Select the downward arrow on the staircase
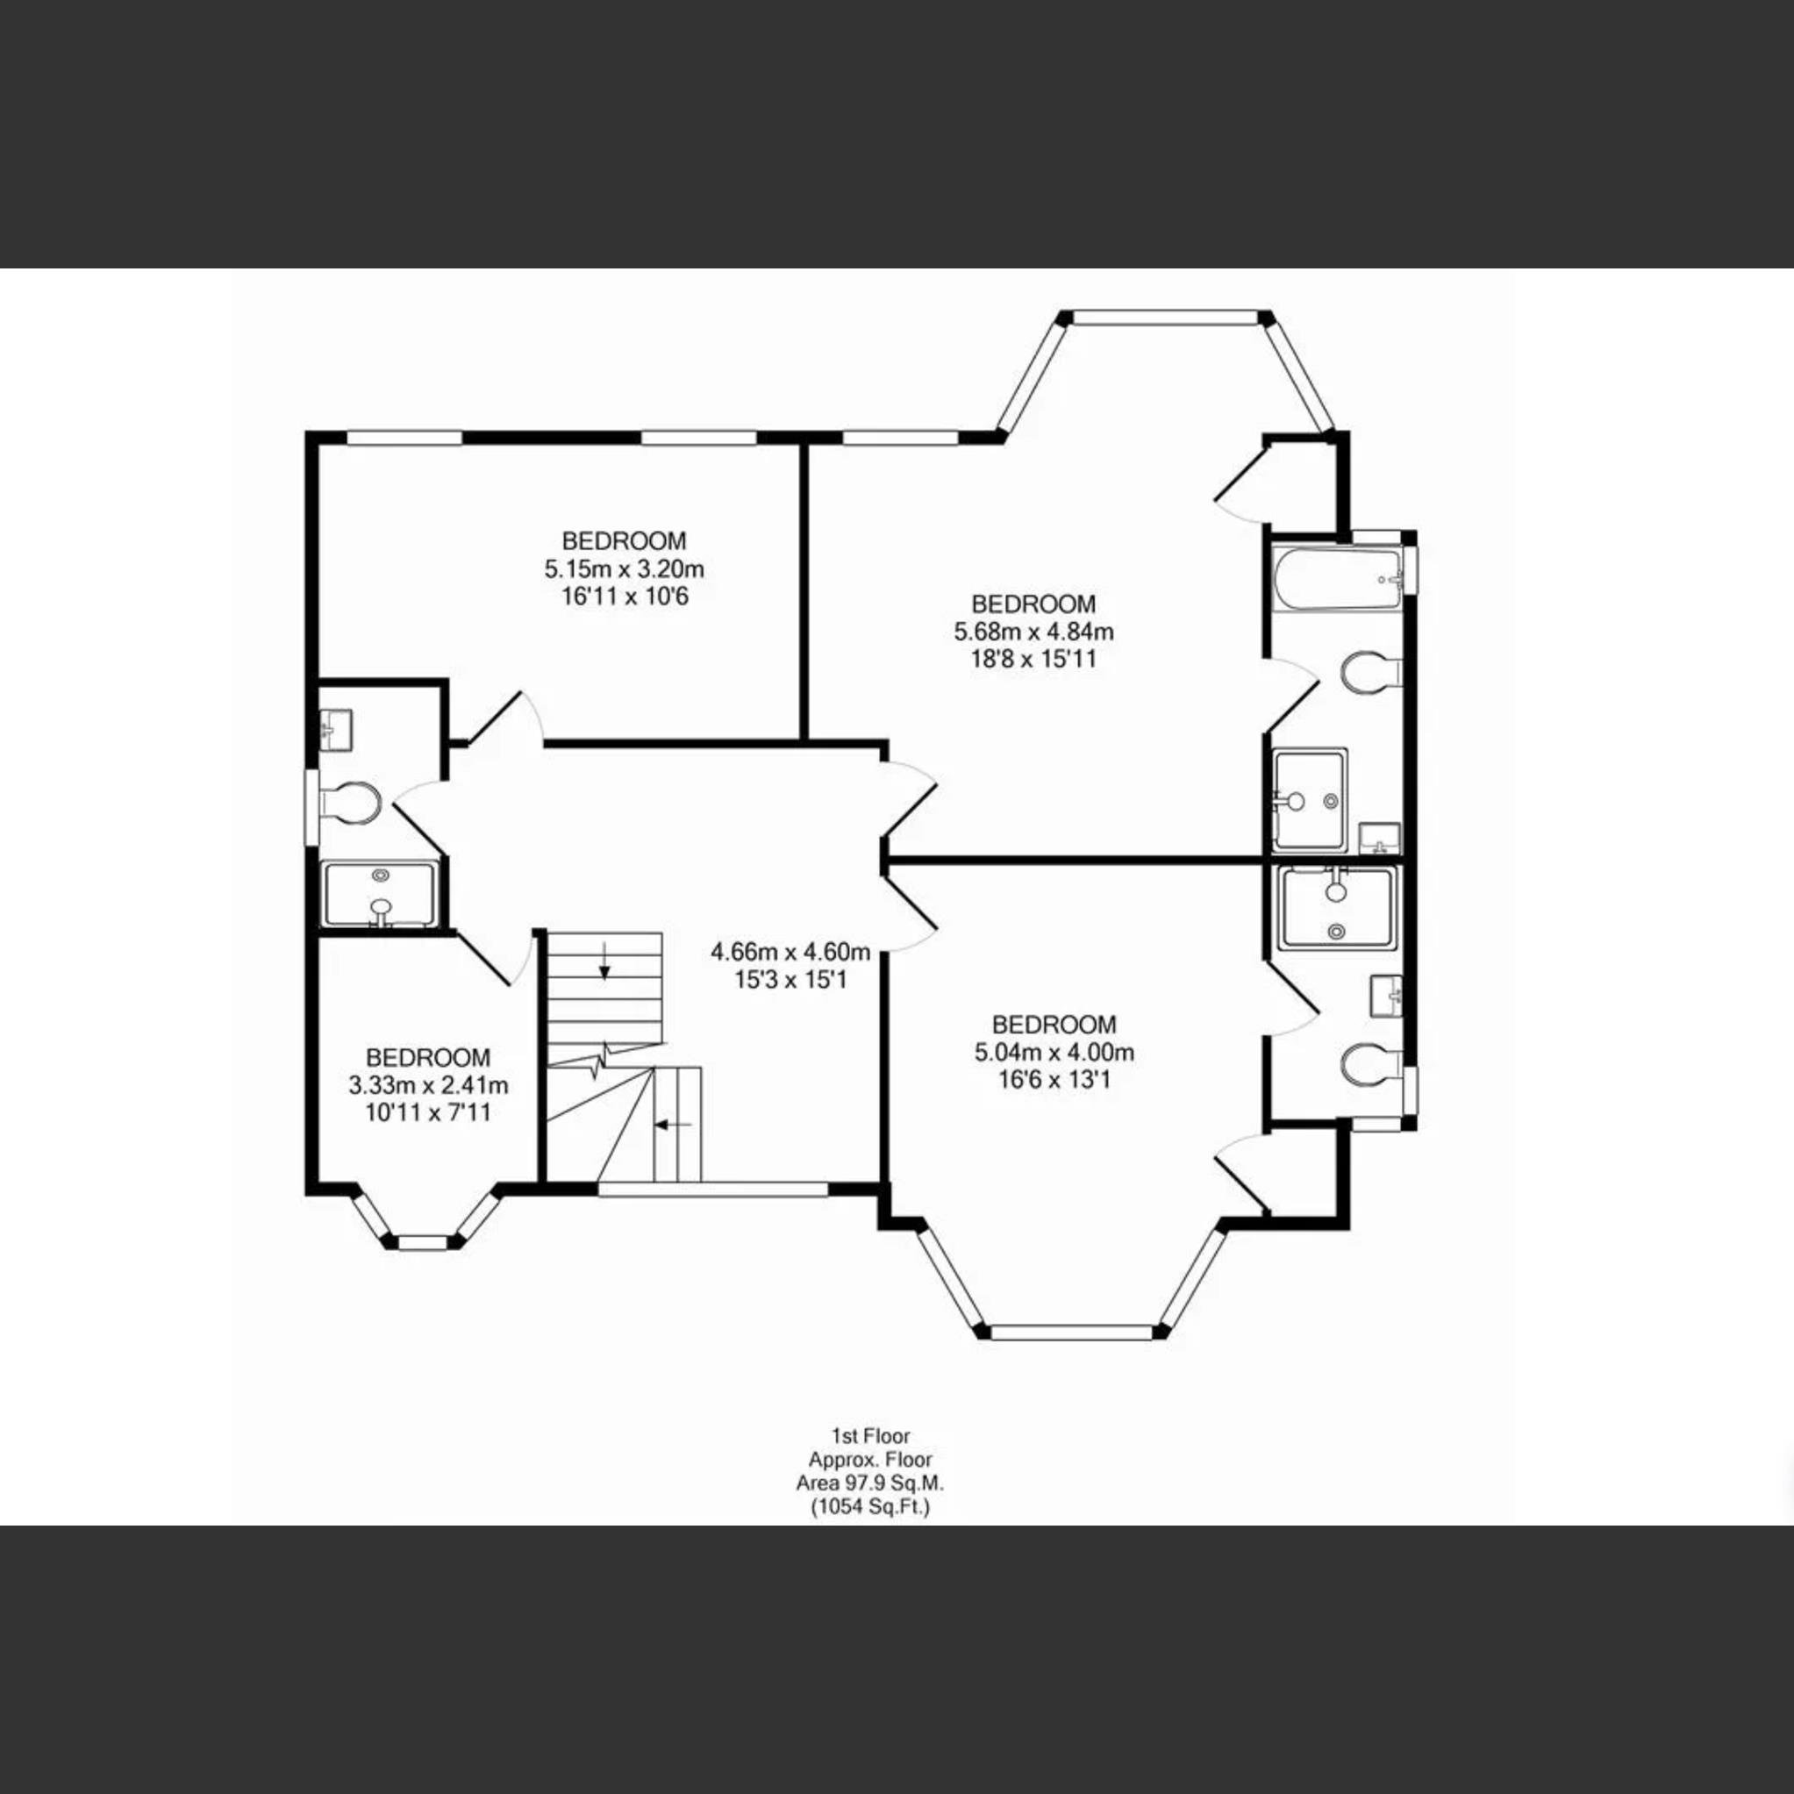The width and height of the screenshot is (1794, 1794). [x=604, y=968]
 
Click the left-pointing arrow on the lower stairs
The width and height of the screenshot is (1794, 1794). [x=672, y=1125]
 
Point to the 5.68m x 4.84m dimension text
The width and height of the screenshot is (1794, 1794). [x=1033, y=633]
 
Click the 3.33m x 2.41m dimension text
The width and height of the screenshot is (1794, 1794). [x=428, y=1084]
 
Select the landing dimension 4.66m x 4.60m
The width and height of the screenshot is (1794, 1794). [x=790, y=952]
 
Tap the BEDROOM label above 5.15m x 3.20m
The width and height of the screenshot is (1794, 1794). [x=624, y=540]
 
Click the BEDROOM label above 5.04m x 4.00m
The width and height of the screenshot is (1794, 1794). [x=1054, y=1026]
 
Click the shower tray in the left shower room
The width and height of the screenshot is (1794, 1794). [x=380, y=894]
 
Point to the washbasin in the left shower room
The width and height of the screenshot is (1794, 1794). [x=335, y=729]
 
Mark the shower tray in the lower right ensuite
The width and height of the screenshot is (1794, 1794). [x=1336, y=908]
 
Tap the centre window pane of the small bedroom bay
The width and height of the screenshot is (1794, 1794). [x=424, y=1242]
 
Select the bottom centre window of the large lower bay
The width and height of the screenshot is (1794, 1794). [x=1073, y=1333]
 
